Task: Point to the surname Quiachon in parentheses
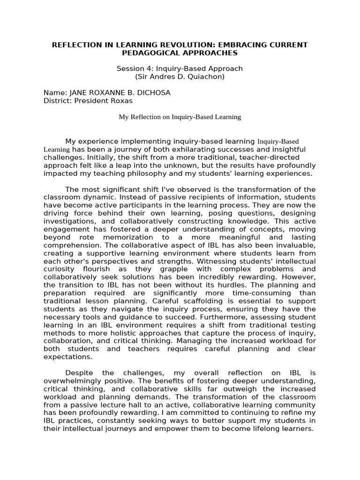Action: point(205,76)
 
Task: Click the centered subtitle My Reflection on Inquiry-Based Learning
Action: point(180,117)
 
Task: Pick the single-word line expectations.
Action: point(67,357)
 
